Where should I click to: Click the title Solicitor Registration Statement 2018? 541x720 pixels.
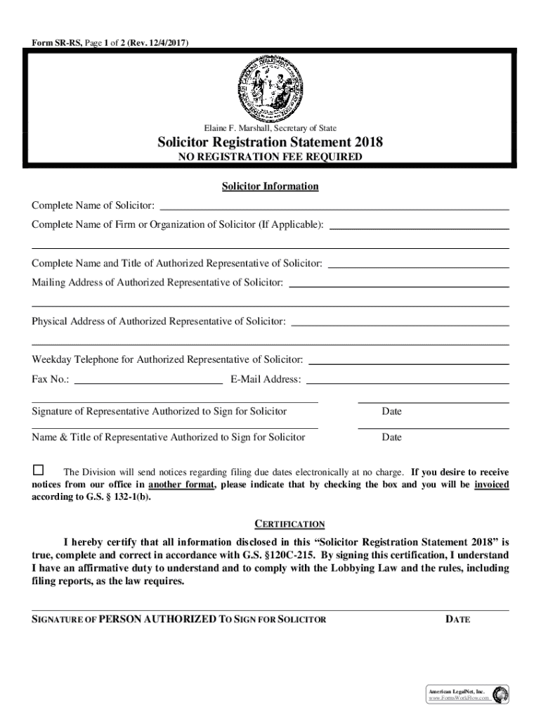(x=270, y=142)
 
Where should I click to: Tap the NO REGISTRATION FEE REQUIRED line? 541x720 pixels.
(x=270, y=157)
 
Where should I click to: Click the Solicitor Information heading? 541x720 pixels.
(x=270, y=186)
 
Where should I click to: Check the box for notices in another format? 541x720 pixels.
(x=38, y=470)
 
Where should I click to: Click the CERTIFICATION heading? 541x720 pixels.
(x=289, y=524)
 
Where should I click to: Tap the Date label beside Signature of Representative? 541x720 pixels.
(x=391, y=411)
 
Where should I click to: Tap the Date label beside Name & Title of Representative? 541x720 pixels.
(x=391, y=437)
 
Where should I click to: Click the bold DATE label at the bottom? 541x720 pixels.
(x=457, y=619)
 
